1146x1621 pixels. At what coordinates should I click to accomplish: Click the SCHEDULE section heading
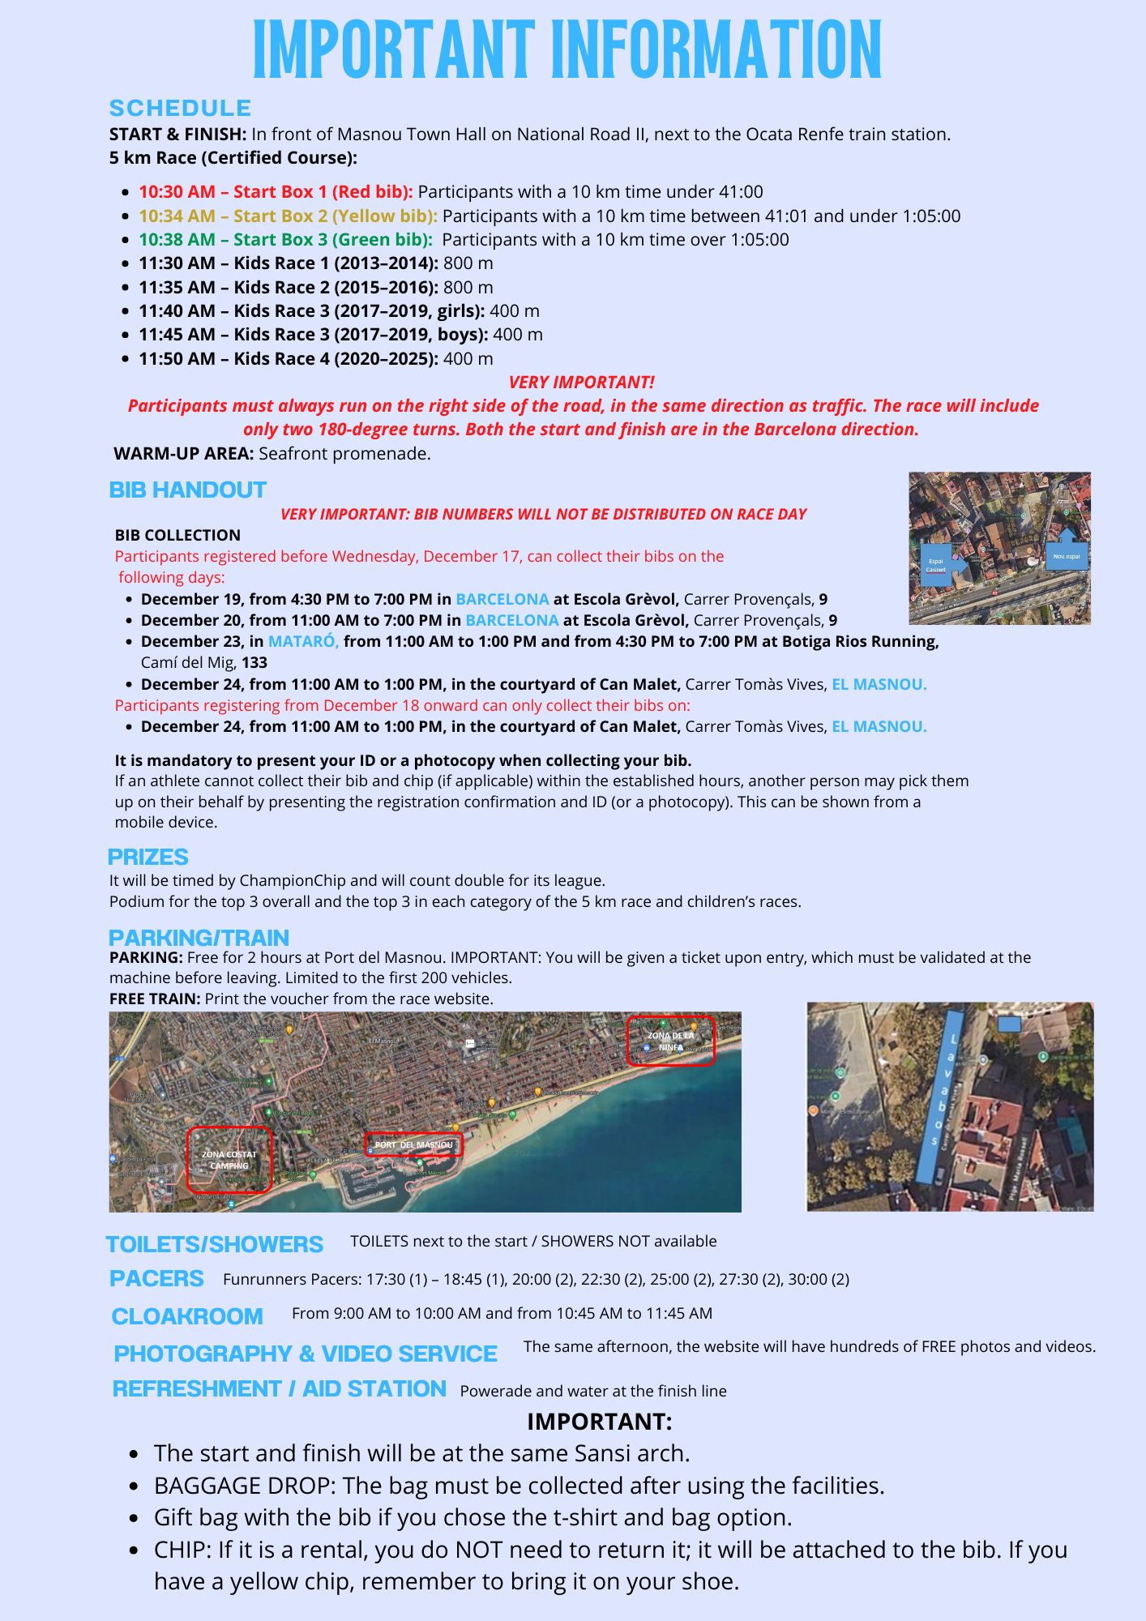click(x=180, y=108)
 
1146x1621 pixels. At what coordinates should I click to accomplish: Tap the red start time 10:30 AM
click(x=177, y=192)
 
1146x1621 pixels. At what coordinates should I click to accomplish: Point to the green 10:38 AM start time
click(x=177, y=240)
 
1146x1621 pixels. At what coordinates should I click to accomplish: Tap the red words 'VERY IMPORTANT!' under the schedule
click(x=581, y=382)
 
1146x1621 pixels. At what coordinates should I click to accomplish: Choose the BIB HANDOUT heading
click(x=187, y=490)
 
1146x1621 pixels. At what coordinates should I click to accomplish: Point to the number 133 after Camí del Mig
click(x=254, y=663)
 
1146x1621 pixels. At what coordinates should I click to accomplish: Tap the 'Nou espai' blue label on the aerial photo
click(x=1066, y=556)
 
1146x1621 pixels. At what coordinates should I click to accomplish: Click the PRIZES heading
click(x=148, y=857)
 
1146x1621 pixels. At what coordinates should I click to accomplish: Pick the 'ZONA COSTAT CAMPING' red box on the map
click(x=229, y=1160)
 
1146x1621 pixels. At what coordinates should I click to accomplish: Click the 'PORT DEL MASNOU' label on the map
click(x=413, y=1144)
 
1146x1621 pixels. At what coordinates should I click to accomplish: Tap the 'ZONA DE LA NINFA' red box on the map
click(x=670, y=1041)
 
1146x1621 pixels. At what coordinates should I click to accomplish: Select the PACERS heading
click(x=156, y=1279)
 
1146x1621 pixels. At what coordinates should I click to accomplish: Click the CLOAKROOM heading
click(x=187, y=1316)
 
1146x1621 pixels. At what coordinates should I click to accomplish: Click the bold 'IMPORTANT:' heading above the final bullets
click(x=599, y=1422)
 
